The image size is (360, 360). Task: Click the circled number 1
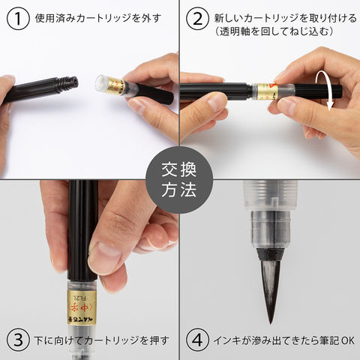(x=18, y=19)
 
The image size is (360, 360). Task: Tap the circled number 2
(x=197, y=19)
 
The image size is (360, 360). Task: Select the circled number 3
(x=18, y=340)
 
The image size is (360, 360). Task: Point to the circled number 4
(x=197, y=340)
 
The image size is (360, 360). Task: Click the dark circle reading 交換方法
(x=179, y=180)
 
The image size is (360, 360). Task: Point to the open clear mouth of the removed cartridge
(x=102, y=83)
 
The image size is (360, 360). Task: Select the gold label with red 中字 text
(x=82, y=307)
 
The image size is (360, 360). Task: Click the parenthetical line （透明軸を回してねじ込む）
(x=274, y=31)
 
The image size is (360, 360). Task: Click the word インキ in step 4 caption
(x=226, y=340)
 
